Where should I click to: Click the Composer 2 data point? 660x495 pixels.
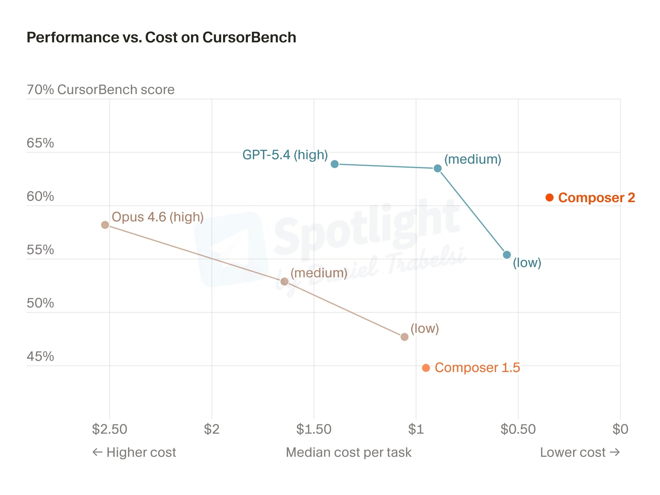[x=549, y=197]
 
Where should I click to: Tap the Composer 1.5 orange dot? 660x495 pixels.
[x=426, y=368]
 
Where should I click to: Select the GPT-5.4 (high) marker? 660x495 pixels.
[x=334, y=164]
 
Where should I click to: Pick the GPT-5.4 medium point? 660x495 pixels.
[x=438, y=168]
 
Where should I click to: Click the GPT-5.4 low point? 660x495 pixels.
[x=507, y=254]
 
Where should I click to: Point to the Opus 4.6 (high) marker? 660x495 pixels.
[x=105, y=225]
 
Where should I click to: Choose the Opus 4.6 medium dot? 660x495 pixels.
[x=284, y=281]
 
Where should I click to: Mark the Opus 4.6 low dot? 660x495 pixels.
[x=404, y=337]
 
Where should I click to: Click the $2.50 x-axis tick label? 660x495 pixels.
[x=109, y=429]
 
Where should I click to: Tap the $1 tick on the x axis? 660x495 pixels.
[x=416, y=429]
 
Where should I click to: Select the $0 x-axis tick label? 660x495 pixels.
[x=620, y=429]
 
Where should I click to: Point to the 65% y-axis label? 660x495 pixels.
[x=40, y=143]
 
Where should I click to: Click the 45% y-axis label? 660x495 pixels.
[x=40, y=356]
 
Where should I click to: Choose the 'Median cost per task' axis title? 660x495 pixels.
[x=348, y=452]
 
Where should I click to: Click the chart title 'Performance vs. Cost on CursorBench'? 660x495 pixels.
[x=161, y=37]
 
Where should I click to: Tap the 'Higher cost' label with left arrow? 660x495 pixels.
[x=134, y=452]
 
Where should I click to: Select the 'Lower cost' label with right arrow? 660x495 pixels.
[x=580, y=452]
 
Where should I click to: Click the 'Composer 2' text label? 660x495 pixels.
[x=596, y=197]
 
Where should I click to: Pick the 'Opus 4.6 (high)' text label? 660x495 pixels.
[x=158, y=217]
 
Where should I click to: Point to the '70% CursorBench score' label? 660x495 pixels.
[x=101, y=89]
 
